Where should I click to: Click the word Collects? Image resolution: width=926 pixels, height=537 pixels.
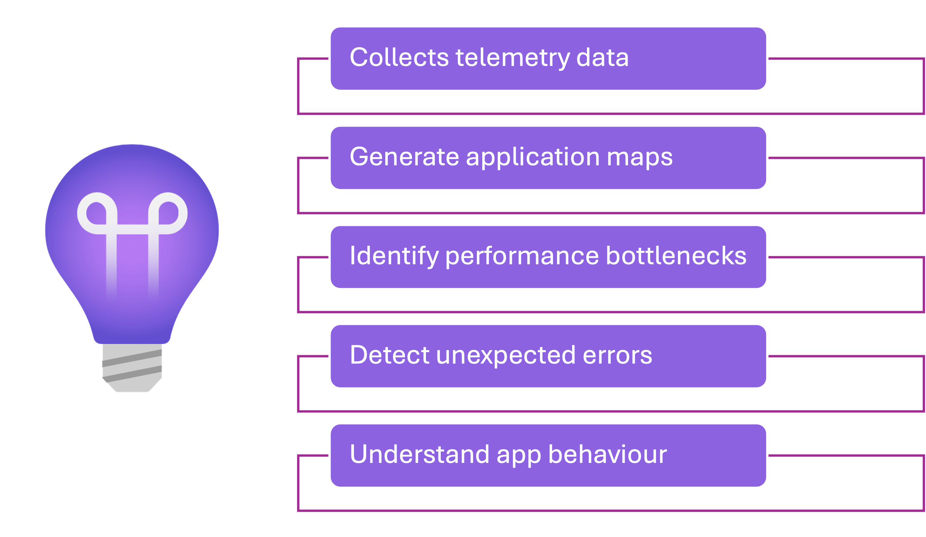tap(399, 58)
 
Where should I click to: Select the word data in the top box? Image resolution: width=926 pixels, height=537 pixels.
tap(602, 58)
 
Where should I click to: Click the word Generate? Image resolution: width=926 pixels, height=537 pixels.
tap(404, 157)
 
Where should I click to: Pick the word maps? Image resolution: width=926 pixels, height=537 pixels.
tap(639, 157)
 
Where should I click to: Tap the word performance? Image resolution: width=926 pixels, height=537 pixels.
tap(522, 256)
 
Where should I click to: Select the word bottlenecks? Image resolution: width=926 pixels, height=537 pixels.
tap(676, 256)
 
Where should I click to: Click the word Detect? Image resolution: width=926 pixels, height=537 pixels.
tap(390, 355)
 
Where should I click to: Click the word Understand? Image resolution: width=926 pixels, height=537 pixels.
tap(419, 455)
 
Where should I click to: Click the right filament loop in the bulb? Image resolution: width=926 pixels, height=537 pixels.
tap(168, 213)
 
